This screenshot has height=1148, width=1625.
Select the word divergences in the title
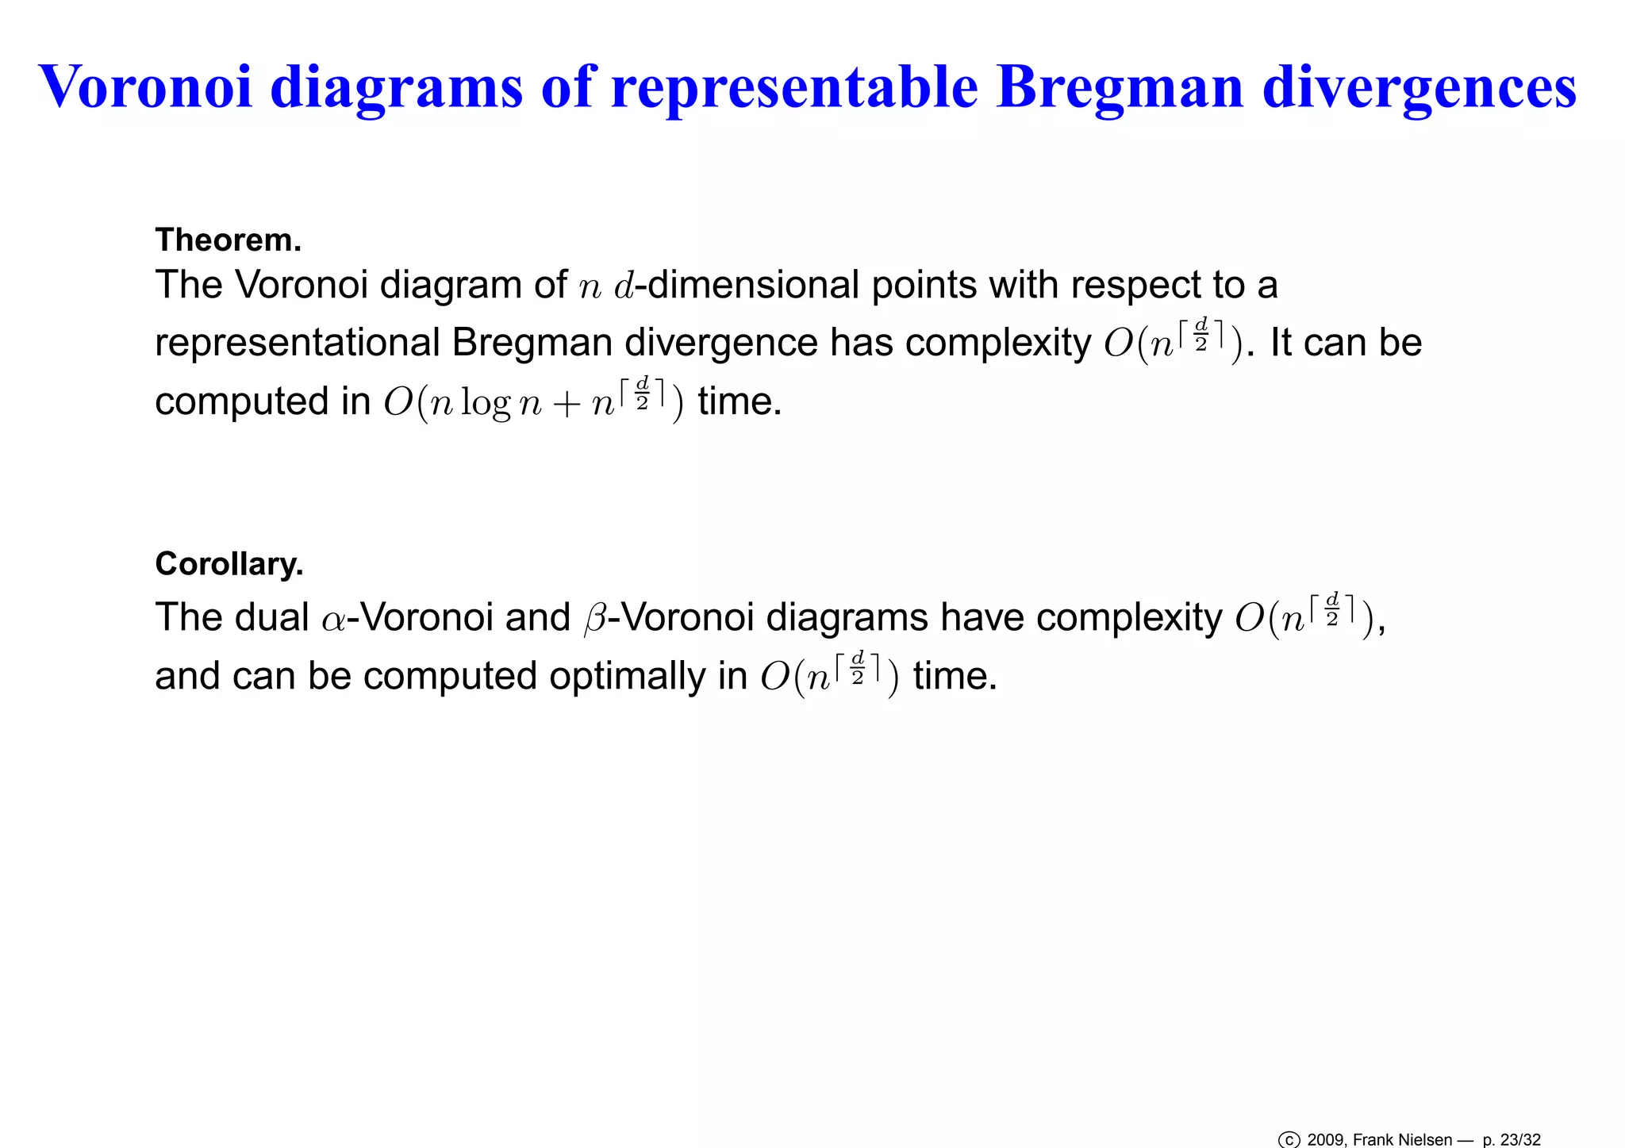(1419, 87)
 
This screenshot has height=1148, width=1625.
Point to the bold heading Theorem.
(228, 240)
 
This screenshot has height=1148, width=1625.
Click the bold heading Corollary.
(229, 564)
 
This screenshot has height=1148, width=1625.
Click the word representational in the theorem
(298, 344)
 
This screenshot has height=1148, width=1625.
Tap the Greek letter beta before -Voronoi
(594, 619)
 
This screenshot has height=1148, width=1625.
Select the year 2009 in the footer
(1325, 1140)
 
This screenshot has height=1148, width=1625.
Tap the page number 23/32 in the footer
(1519, 1140)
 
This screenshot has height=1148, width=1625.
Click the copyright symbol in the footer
(1289, 1140)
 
